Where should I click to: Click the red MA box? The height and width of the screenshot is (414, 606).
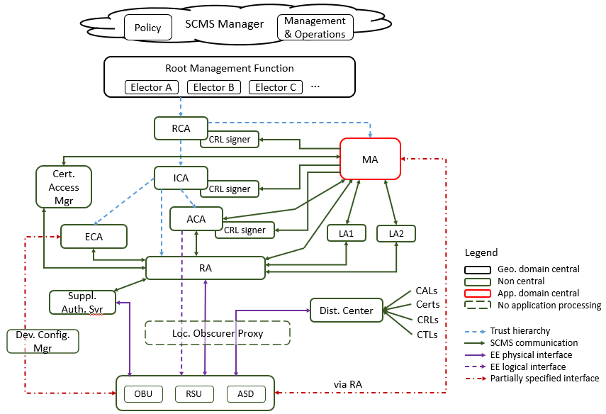pos(370,159)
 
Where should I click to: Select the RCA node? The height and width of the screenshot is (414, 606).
pos(181,128)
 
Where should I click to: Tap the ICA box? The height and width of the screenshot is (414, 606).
pos(181,178)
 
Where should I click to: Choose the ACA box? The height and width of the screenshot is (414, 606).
pos(196,219)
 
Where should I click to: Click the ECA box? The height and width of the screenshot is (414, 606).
pos(94,237)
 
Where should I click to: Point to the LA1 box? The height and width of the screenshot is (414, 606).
pos(346,233)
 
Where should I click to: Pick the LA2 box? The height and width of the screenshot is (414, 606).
pos(395,233)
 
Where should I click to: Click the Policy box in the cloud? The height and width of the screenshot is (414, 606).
pos(147,28)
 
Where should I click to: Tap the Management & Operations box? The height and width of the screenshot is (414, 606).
pos(315,28)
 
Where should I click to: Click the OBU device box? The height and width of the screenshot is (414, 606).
pos(142,394)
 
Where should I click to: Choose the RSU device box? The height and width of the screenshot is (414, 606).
pos(194,394)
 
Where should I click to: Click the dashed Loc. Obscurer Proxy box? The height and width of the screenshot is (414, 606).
pos(218,332)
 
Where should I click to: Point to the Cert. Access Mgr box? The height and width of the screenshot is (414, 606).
pos(64,187)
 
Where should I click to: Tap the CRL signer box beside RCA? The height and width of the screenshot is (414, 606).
pos(230,139)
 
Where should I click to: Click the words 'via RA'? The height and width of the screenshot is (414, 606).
pos(348,384)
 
